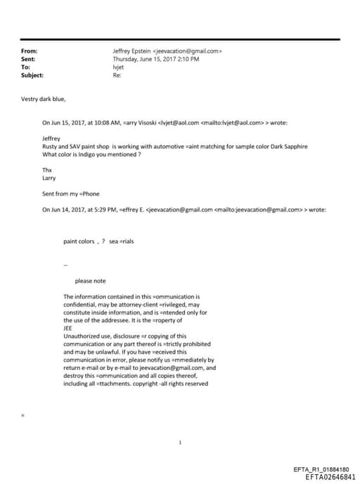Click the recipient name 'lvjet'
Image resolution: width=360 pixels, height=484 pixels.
coord(118,68)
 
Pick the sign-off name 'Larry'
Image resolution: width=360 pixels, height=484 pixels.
coord(49,178)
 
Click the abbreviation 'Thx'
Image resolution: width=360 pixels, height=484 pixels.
coord(47,170)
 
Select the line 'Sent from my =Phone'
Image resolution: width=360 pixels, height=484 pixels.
coord(71,193)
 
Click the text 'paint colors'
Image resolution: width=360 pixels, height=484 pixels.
coord(79,241)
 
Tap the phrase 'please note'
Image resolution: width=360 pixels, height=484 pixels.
coord(90,281)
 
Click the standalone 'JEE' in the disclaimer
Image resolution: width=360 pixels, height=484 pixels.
coord(67,328)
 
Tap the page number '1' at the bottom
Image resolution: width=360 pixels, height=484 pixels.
coord(181,442)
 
